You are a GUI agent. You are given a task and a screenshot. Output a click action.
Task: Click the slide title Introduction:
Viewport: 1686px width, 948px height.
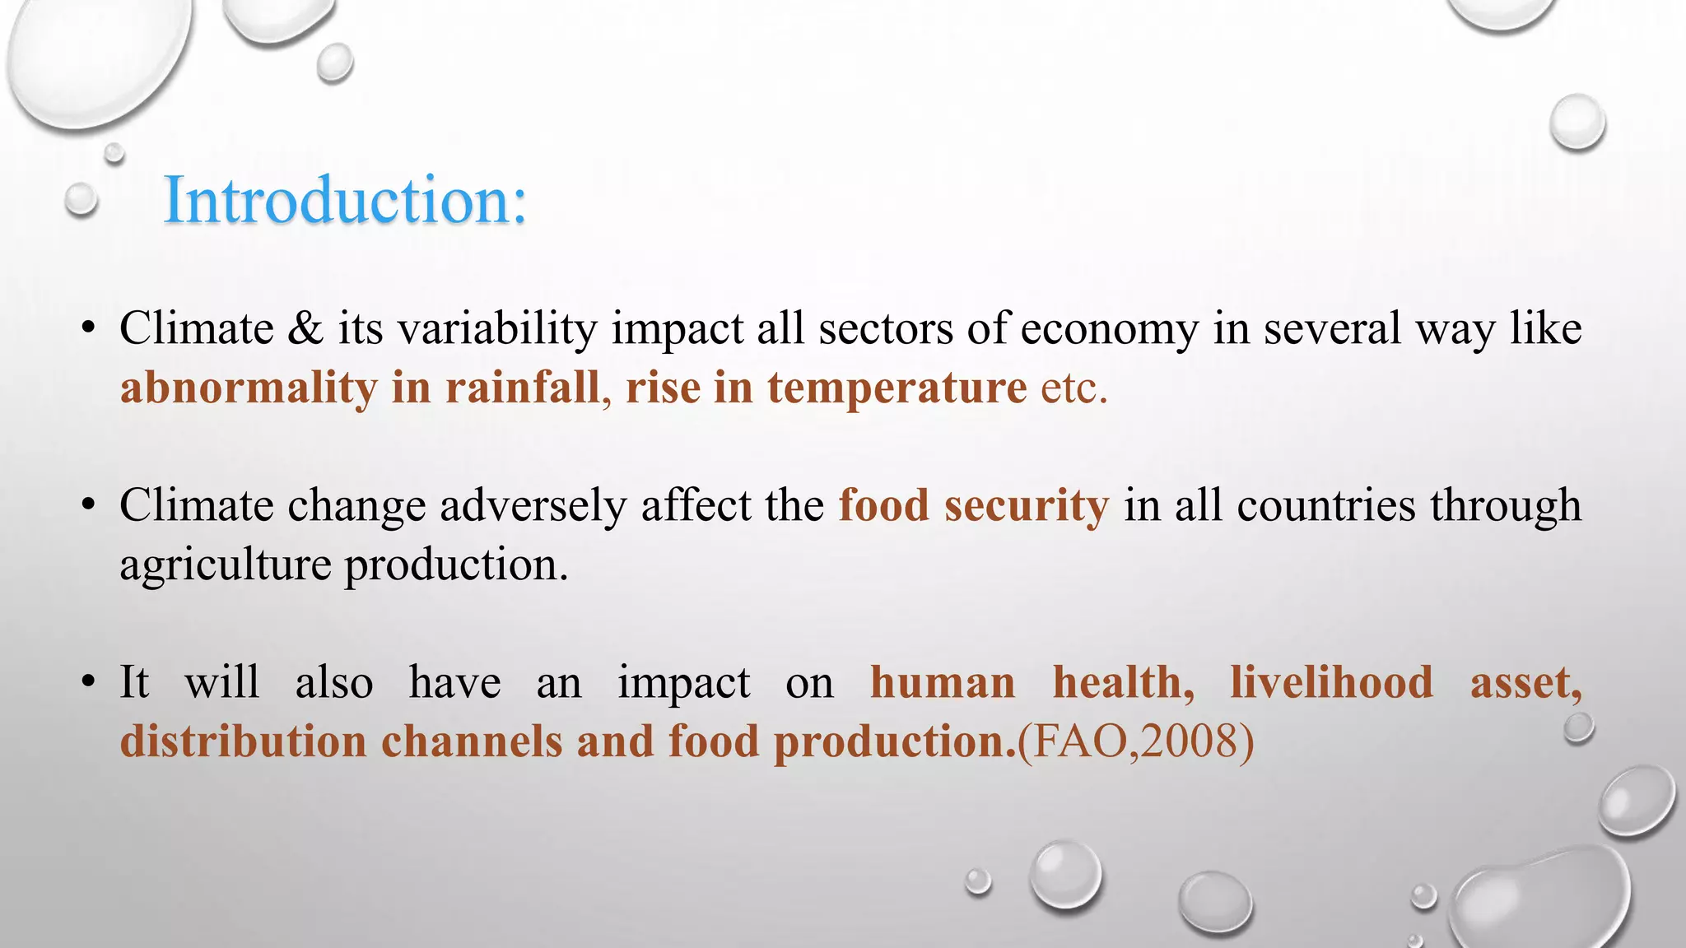tap(345, 200)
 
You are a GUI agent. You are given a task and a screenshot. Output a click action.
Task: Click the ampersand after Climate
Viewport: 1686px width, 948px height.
tap(305, 328)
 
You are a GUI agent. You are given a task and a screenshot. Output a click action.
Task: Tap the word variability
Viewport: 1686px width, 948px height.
tap(497, 328)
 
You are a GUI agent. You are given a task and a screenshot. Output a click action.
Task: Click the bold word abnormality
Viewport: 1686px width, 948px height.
tap(248, 388)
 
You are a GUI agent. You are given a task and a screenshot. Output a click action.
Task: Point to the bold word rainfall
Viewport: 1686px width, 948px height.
tap(523, 388)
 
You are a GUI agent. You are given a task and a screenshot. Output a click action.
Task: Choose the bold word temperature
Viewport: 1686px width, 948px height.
tap(897, 388)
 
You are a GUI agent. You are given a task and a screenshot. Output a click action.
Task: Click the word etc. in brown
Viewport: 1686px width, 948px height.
tap(1074, 388)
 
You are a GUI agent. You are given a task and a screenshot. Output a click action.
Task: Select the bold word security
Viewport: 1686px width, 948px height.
tap(1026, 505)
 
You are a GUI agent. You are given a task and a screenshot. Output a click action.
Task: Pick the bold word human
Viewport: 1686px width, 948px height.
tap(943, 682)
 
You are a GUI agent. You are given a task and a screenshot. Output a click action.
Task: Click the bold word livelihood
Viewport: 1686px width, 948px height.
tap(1331, 682)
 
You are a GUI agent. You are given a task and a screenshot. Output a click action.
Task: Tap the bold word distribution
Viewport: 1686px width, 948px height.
tap(243, 741)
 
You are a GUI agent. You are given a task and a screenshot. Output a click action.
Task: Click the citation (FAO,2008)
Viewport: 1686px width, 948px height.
tap(1136, 741)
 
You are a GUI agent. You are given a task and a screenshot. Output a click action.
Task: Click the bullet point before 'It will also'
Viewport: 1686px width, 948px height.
tap(89, 682)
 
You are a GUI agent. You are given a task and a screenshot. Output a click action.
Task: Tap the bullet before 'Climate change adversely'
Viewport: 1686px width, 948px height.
tap(89, 505)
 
